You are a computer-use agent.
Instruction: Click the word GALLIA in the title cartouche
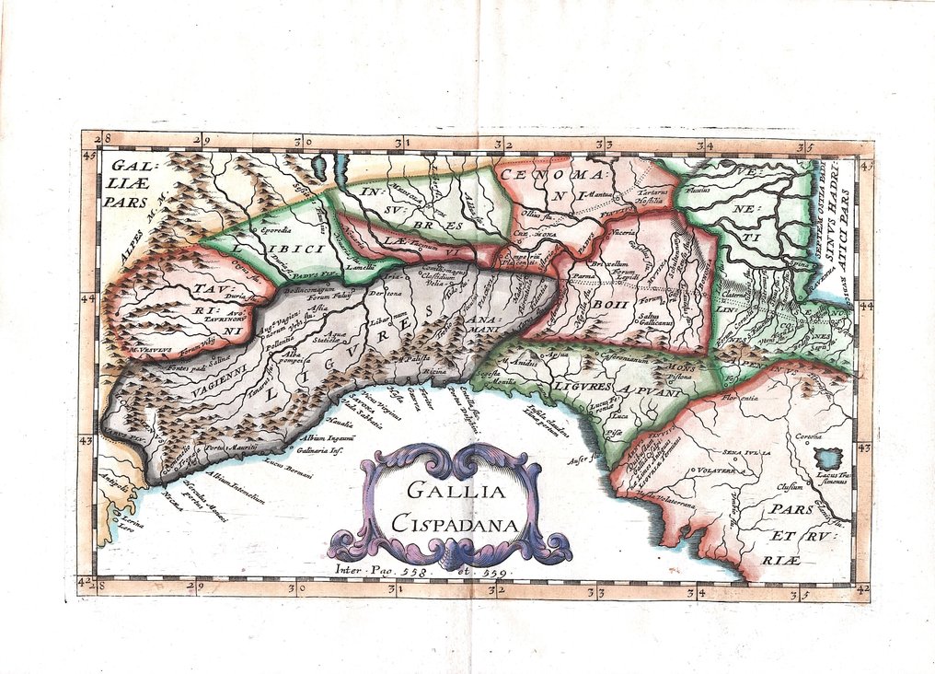(448, 493)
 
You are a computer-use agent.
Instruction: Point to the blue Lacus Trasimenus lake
(829, 458)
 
